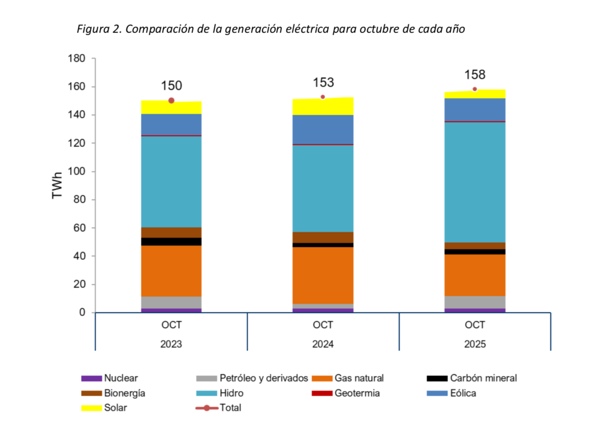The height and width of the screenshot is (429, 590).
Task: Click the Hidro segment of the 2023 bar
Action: (x=171, y=181)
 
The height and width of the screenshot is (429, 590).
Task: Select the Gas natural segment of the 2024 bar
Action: (x=323, y=275)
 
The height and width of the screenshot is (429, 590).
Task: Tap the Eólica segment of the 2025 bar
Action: (x=474, y=110)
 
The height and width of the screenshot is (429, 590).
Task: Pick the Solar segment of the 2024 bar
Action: (x=323, y=107)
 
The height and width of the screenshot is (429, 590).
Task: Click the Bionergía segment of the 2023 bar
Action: (x=171, y=232)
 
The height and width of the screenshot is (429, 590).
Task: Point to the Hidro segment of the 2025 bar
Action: (x=474, y=182)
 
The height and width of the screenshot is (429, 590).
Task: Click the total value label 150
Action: (x=171, y=86)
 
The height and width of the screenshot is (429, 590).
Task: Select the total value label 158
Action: (x=474, y=75)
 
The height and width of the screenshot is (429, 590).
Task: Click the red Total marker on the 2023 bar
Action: (x=171, y=100)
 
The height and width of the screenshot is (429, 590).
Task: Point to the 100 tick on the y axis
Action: (x=78, y=172)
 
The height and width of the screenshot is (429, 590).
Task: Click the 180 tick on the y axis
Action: (x=78, y=58)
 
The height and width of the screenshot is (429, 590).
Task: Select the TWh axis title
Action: (x=58, y=185)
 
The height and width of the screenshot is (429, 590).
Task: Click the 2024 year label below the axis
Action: (x=323, y=344)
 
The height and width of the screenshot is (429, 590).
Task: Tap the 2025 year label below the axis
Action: (x=474, y=344)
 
